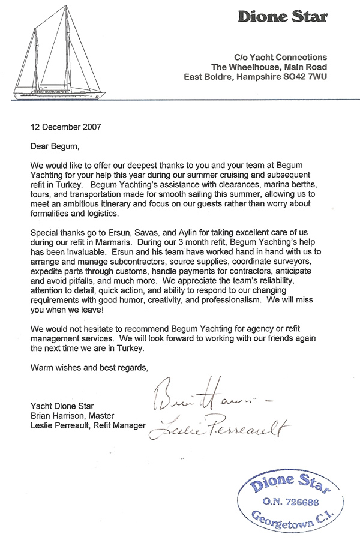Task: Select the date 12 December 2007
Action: [x=66, y=127]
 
